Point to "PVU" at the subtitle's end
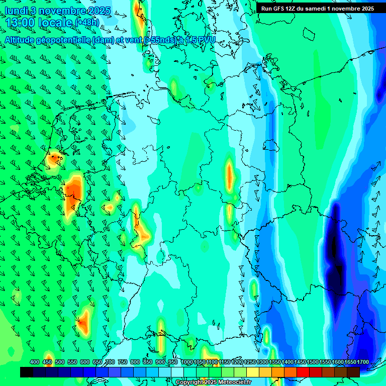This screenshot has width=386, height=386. coord(206,40)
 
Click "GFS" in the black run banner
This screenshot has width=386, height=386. coord(282,9)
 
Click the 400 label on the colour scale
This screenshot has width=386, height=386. coord(35,362)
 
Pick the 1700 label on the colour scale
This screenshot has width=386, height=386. coord(349,362)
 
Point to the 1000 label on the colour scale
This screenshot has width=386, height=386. coord(186,362)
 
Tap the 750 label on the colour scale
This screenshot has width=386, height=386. coord(123,362)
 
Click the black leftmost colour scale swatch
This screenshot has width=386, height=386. coord(27,372)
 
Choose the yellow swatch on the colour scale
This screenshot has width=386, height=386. coord(253,372)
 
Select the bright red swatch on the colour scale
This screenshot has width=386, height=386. coord(303,372)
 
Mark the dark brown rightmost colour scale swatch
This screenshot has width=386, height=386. coord(353,372)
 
